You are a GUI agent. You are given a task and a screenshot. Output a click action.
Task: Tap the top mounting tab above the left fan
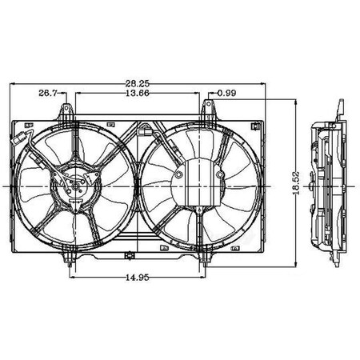click(75, 118)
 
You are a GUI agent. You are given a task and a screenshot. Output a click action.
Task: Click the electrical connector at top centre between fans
click(146, 128)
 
